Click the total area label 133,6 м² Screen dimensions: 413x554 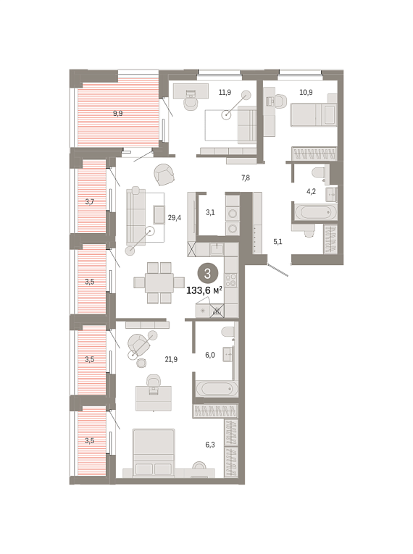[x=204, y=290]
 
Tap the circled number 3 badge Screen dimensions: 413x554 [x=207, y=274]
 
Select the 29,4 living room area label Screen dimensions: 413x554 [x=175, y=218]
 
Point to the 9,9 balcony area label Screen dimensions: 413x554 [x=118, y=114]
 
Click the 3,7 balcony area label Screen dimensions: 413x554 [x=90, y=202]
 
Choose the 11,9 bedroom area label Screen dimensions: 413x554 [x=225, y=93]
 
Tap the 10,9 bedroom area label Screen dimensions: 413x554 [x=306, y=93]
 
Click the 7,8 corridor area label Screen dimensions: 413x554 [x=246, y=177]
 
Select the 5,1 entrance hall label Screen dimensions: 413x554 [x=278, y=242]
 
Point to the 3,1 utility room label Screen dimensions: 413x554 [x=210, y=213]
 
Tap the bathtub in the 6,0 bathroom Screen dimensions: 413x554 [x=217, y=389]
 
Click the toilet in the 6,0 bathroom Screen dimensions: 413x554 [x=228, y=333]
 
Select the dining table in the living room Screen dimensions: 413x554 [x=159, y=282]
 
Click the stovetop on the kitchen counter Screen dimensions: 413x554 [x=231, y=280]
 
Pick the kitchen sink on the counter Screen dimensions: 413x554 [x=217, y=248]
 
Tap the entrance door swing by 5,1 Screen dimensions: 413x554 [x=278, y=270]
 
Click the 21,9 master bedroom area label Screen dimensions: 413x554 [x=171, y=360]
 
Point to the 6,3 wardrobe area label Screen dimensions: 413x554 [x=210, y=445]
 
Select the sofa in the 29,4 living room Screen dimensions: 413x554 [x=136, y=217]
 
